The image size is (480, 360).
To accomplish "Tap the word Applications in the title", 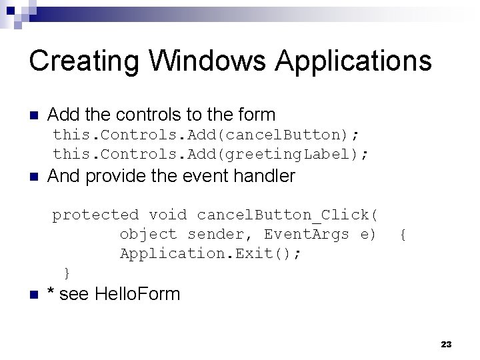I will click(x=354, y=61).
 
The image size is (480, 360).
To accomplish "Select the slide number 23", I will click(x=446, y=344).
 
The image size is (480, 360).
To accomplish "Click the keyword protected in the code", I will click(x=95, y=215).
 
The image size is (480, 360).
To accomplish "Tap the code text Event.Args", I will click(x=307, y=234).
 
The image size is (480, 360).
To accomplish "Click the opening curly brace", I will click(x=403, y=234).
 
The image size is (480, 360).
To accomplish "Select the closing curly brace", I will click(x=66, y=272).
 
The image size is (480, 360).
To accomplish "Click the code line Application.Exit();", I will click(x=211, y=253).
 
